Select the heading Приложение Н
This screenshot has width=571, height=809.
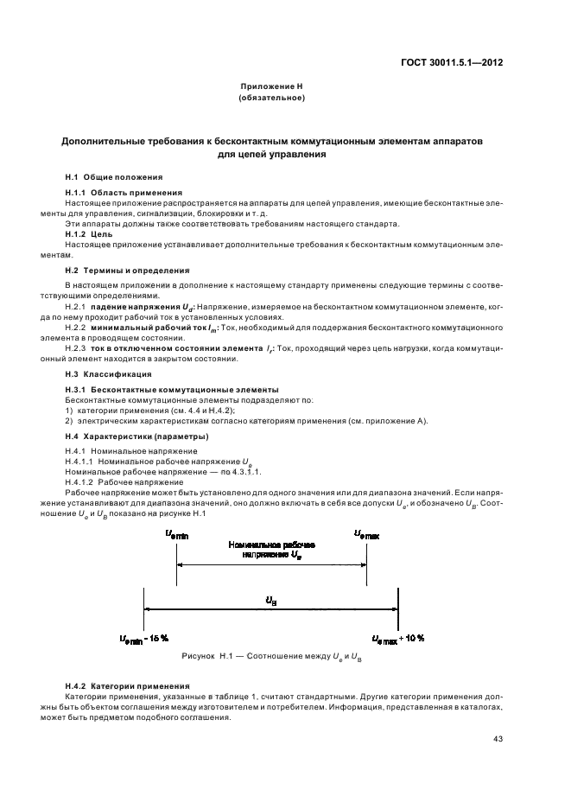point(271,86)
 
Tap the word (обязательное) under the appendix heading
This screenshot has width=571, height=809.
point(271,98)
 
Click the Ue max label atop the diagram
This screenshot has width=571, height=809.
point(366,536)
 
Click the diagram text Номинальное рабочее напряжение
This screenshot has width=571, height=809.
point(271,551)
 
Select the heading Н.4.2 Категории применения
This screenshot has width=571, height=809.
point(117,685)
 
